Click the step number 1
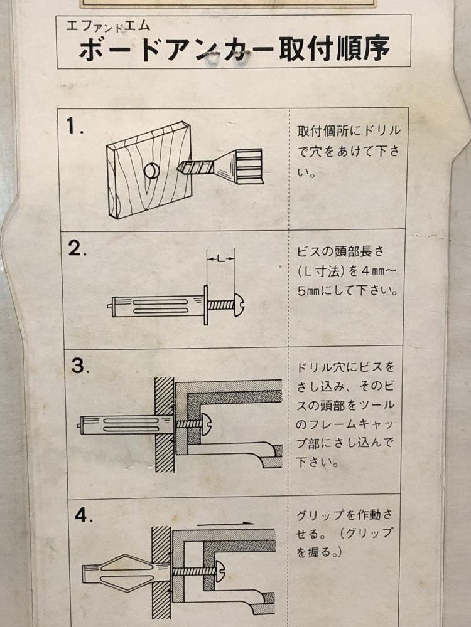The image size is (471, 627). point(75,127)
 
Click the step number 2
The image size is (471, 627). point(77,248)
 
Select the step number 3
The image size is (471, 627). point(80,366)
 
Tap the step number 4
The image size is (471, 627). point(84,515)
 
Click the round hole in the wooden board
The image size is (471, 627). point(151,171)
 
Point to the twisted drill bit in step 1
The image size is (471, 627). point(195,167)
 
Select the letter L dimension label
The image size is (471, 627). point(220,259)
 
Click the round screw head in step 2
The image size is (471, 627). point(239,305)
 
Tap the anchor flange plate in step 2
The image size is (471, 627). point(206,305)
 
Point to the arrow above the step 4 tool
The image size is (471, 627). point(225,523)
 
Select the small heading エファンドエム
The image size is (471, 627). point(108,26)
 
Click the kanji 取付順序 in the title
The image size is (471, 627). point(335,49)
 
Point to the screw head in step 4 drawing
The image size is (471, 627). point(220,571)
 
